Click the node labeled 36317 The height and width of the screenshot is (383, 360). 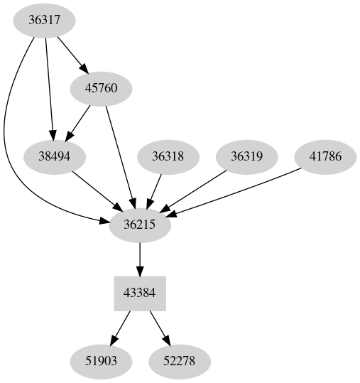coord(44,20)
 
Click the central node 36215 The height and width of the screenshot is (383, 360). coord(140,225)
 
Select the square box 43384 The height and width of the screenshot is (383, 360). coord(140,293)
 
